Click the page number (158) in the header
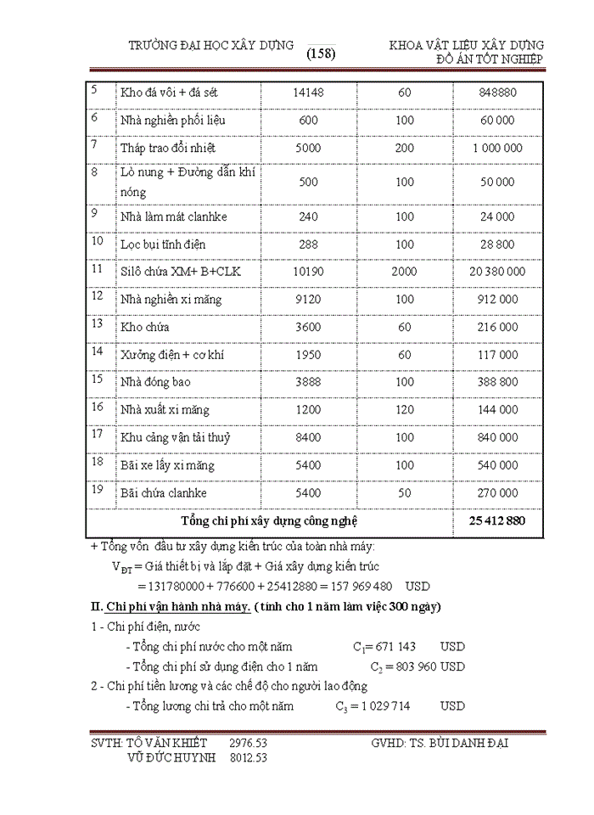pos(321,53)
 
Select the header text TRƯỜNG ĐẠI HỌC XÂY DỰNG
pos(210,45)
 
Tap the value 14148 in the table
pos(308,93)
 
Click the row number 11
pos(97,270)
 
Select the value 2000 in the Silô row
pos(405,272)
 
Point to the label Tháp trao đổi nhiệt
pos(168,148)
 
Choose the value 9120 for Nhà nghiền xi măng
pos(308,299)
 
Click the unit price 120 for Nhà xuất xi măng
pos(405,410)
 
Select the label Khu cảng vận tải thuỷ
pos(176,438)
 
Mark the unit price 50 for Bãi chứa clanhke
pos(405,493)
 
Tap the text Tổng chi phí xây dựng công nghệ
pos(269,520)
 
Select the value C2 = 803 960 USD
pos(409,667)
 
